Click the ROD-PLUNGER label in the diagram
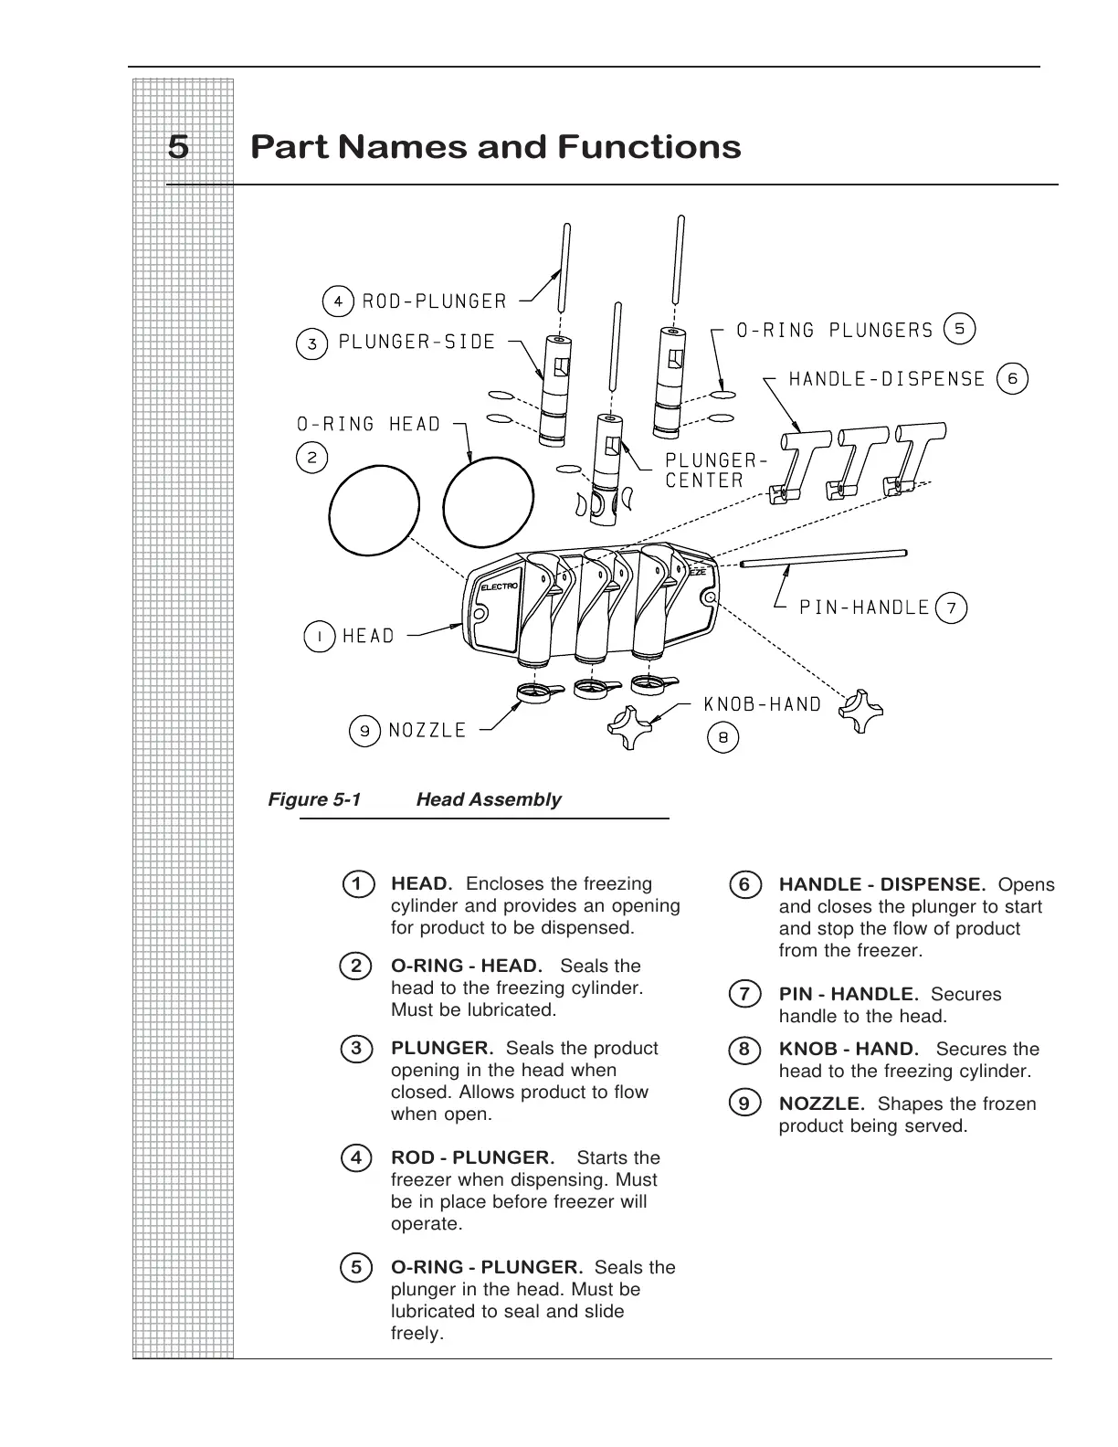(434, 301)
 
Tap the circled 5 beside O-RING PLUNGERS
(959, 328)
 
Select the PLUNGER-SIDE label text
(417, 343)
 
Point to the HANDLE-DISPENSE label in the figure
(887, 378)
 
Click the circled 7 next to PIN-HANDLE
(952, 607)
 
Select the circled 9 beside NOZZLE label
(364, 731)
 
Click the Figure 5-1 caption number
(314, 799)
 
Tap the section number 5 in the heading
(179, 147)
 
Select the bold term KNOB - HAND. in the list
(849, 1049)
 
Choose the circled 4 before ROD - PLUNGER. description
(356, 1157)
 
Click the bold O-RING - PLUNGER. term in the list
(487, 1267)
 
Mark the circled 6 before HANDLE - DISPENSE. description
(744, 884)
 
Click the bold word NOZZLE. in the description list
(822, 1104)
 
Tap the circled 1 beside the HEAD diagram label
(319, 636)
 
